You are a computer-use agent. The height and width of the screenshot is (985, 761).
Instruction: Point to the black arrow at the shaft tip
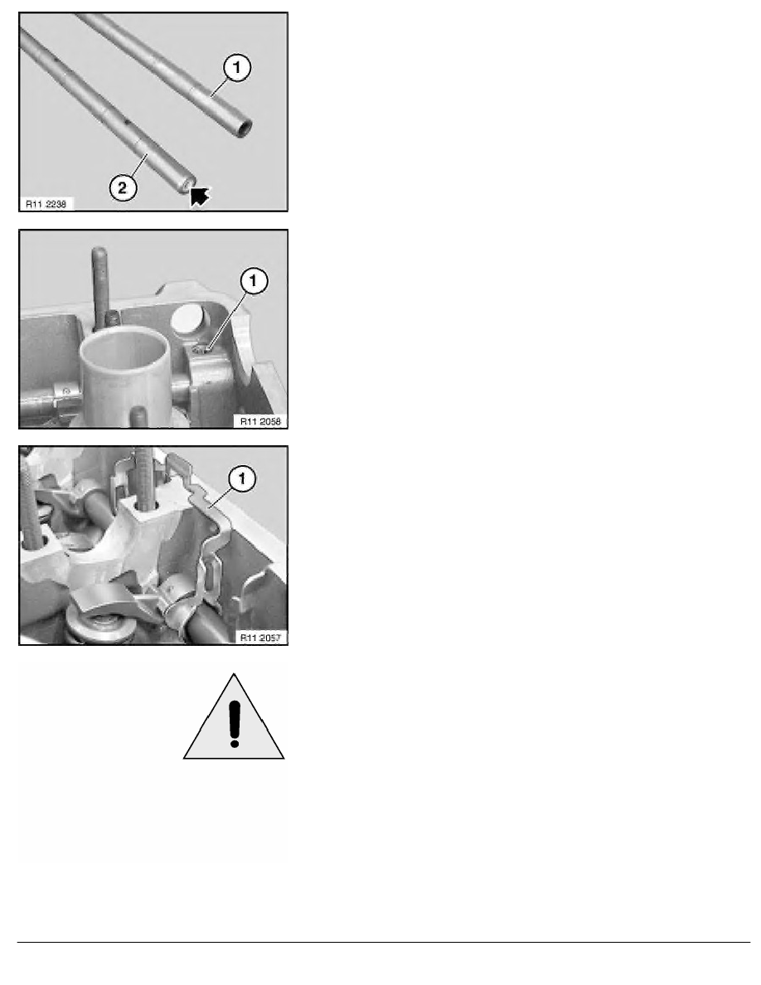[x=200, y=197]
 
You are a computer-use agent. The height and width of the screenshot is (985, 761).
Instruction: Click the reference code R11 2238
[x=48, y=203]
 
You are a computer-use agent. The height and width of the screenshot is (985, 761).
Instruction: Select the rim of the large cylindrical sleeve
[x=125, y=346]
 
